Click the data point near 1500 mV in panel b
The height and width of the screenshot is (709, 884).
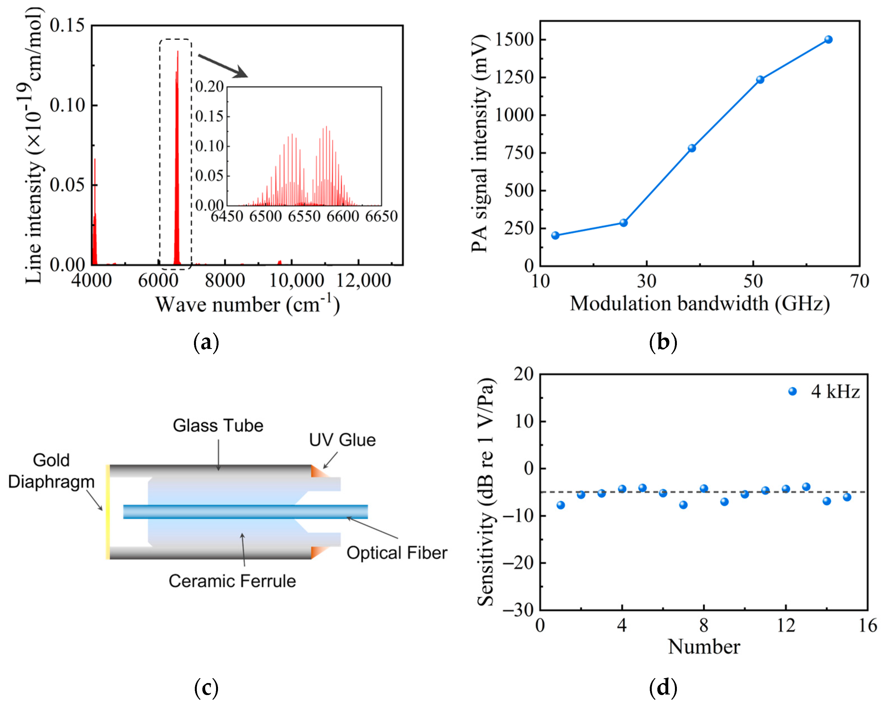pos(828,40)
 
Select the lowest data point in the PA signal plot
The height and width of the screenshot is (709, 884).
pos(555,235)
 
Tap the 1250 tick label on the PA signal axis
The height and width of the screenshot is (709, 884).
pos(514,77)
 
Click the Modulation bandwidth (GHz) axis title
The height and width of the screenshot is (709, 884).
pos(700,304)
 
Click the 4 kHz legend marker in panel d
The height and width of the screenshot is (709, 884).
pos(792,392)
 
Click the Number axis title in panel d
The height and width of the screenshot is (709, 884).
pos(704,647)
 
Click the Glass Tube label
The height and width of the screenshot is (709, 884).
pos(218,426)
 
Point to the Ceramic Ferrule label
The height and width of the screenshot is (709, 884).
pos(232,581)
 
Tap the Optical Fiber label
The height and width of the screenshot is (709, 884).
pos(396,553)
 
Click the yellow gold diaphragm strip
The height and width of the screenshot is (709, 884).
pos(107,512)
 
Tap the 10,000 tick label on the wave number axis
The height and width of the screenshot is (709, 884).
pos(296,281)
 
